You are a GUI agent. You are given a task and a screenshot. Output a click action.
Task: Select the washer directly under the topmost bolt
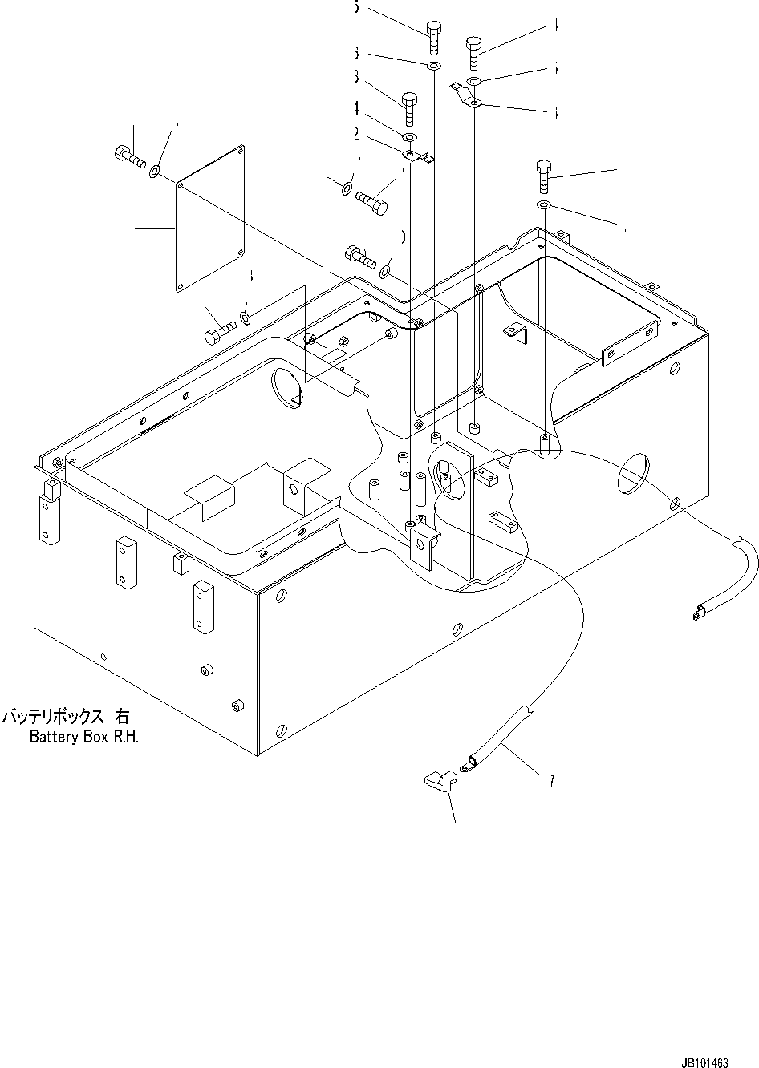coord(433,64)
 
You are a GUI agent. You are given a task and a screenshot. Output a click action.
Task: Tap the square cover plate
coord(211,218)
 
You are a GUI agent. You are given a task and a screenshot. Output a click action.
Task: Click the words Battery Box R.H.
coord(84,737)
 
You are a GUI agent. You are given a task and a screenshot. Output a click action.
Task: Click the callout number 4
coord(355,107)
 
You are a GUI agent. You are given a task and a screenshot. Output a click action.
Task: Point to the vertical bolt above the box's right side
coord(544,176)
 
